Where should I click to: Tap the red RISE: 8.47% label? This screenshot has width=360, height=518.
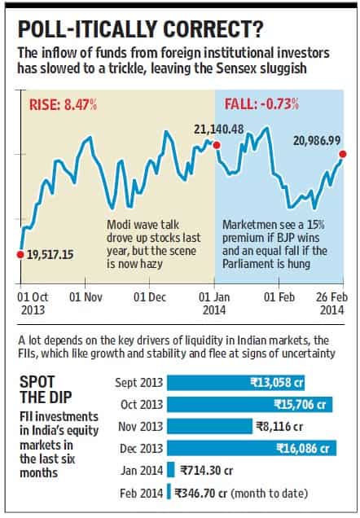[63, 105]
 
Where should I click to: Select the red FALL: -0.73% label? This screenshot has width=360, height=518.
[261, 104]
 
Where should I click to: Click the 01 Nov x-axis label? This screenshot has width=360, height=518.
[86, 297]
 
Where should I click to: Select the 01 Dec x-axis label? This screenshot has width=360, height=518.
[150, 297]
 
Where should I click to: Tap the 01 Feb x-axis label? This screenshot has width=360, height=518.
[279, 297]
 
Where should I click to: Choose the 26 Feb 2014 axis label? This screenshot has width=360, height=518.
[332, 303]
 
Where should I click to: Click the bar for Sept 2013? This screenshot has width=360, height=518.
[236, 383]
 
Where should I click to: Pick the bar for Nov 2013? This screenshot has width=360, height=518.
[209, 426]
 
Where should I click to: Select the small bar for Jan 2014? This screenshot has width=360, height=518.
[171, 470]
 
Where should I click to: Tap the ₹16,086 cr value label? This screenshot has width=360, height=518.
[303, 448]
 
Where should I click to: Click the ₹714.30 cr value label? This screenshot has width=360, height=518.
[207, 470]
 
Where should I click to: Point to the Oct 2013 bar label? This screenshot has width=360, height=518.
[142, 404]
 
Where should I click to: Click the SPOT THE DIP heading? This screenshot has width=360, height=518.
[46, 389]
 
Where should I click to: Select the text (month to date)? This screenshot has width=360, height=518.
[269, 494]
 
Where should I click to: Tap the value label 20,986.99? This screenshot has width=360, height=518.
[317, 141]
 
